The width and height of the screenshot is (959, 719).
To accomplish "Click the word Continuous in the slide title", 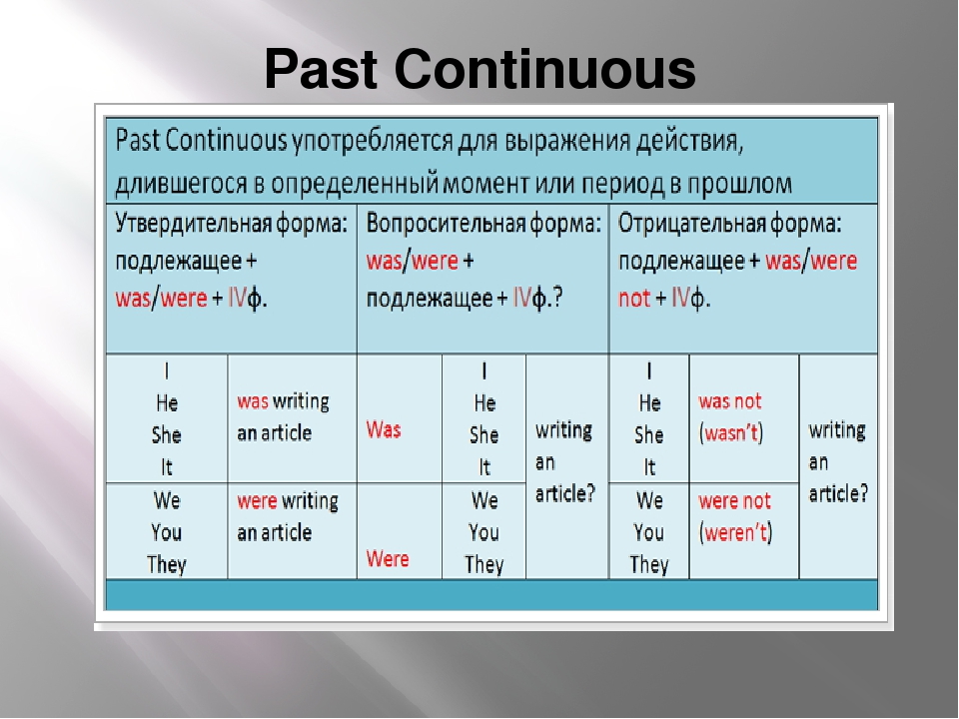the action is [x=545, y=69].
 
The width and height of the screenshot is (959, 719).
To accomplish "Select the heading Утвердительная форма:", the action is [x=231, y=224].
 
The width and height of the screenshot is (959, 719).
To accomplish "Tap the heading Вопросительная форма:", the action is [x=483, y=224].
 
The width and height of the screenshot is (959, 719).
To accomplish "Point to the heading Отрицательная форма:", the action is [x=729, y=224].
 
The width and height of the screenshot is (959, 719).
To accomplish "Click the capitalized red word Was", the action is [x=384, y=429].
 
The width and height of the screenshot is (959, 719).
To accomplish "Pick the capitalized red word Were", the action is [x=388, y=558].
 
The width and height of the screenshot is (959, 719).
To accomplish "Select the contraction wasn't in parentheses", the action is [x=731, y=432].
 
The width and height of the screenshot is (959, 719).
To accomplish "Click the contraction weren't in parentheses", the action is [x=736, y=532].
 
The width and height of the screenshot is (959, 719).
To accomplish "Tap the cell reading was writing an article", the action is [x=283, y=417].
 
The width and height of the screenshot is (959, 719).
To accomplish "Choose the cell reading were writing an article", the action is [x=288, y=516].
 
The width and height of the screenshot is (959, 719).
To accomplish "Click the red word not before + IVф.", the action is [x=634, y=299].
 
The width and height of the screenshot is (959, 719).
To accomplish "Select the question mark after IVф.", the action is [x=557, y=298].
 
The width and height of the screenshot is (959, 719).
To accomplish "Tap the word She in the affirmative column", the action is [x=167, y=434].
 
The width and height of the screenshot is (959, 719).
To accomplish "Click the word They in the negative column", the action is [x=649, y=564].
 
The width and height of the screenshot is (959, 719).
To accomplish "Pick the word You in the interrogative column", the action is [x=483, y=532].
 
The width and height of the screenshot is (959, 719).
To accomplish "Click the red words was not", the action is [x=730, y=401].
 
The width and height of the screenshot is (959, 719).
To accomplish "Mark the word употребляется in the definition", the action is [x=372, y=141].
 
